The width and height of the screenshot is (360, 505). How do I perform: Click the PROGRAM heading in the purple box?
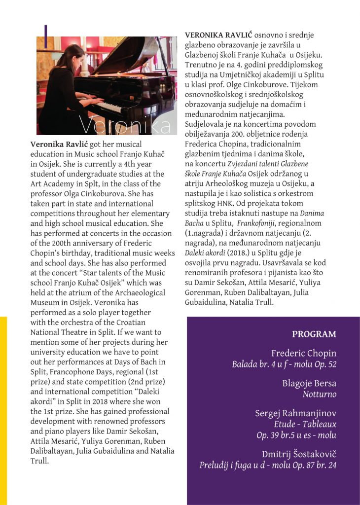coord(314,334)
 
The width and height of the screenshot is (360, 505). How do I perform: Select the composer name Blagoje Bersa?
coord(309,383)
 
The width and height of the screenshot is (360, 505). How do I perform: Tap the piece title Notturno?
coord(319,394)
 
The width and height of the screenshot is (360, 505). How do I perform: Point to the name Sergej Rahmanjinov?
coord(295,413)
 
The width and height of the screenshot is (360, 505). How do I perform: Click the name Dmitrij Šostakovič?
coord(299,454)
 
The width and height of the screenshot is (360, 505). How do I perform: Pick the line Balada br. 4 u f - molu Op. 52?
coord(284,365)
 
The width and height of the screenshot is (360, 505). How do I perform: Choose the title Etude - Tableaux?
coord(305,424)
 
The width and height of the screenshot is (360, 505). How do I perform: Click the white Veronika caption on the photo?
coord(127,125)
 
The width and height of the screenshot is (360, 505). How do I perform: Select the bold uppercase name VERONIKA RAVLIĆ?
coord(218,36)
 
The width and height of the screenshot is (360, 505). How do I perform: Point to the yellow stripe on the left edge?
coord(3,409)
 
